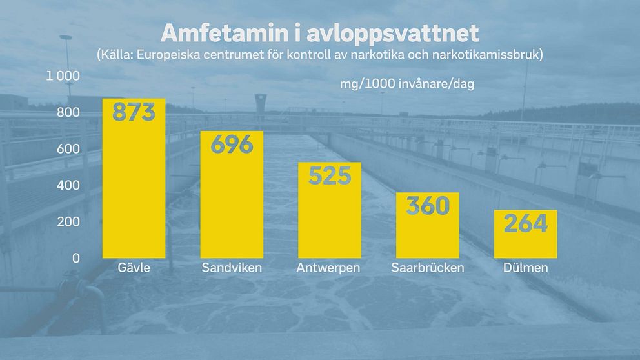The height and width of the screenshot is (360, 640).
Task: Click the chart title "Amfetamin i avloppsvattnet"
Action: [x=320, y=33]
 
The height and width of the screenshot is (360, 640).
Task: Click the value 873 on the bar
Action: [x=134, y=112]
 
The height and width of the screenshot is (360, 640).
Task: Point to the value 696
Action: [x=232, y=145]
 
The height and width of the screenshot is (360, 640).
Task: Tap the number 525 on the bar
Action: [x=329, y=175]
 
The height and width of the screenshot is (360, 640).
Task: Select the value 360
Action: [x=427, y=206]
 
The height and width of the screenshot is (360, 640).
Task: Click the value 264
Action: [x=525, y=224]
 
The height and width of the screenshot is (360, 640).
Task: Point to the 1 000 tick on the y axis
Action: [x=63, y=76]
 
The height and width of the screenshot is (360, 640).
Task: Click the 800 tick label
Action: [x=68, y=113]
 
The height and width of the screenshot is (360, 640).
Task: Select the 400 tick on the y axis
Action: [x=68, y=186]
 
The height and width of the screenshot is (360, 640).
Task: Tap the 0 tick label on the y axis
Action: [x=75, y=258]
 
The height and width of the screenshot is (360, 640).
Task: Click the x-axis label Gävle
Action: [x=134, y=268]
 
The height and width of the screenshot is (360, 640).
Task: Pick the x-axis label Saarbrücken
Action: [x=427, y=268]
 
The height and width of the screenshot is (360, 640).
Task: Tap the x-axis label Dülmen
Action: [x=525, y=268]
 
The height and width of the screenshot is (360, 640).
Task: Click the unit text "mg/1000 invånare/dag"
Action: [x=407, y=85]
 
